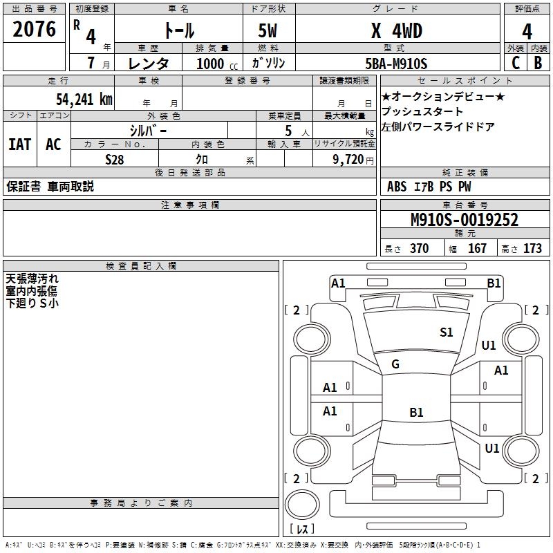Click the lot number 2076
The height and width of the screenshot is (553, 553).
34,29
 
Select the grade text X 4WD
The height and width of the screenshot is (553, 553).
397,30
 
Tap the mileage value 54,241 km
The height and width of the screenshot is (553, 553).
84,100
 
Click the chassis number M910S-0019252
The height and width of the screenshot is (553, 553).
465,220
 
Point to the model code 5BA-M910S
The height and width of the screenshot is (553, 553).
396,64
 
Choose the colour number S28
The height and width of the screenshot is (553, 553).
115,160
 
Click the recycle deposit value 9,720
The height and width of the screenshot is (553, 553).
348,160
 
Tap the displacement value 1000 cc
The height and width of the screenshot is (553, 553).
217,64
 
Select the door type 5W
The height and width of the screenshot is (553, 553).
268,30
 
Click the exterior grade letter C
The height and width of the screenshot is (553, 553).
516,63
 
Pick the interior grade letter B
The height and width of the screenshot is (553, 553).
538,63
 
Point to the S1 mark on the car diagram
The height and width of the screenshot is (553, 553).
446,332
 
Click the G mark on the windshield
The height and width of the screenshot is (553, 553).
395,364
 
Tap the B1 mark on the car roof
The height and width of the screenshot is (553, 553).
416,412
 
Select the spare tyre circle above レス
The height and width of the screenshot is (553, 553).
302,505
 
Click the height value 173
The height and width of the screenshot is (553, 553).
532,248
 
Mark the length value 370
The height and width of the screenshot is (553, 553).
420,248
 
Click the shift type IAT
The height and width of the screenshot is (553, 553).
20,144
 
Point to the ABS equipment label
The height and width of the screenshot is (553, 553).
397,187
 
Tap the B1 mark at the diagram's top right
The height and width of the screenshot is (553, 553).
494,283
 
